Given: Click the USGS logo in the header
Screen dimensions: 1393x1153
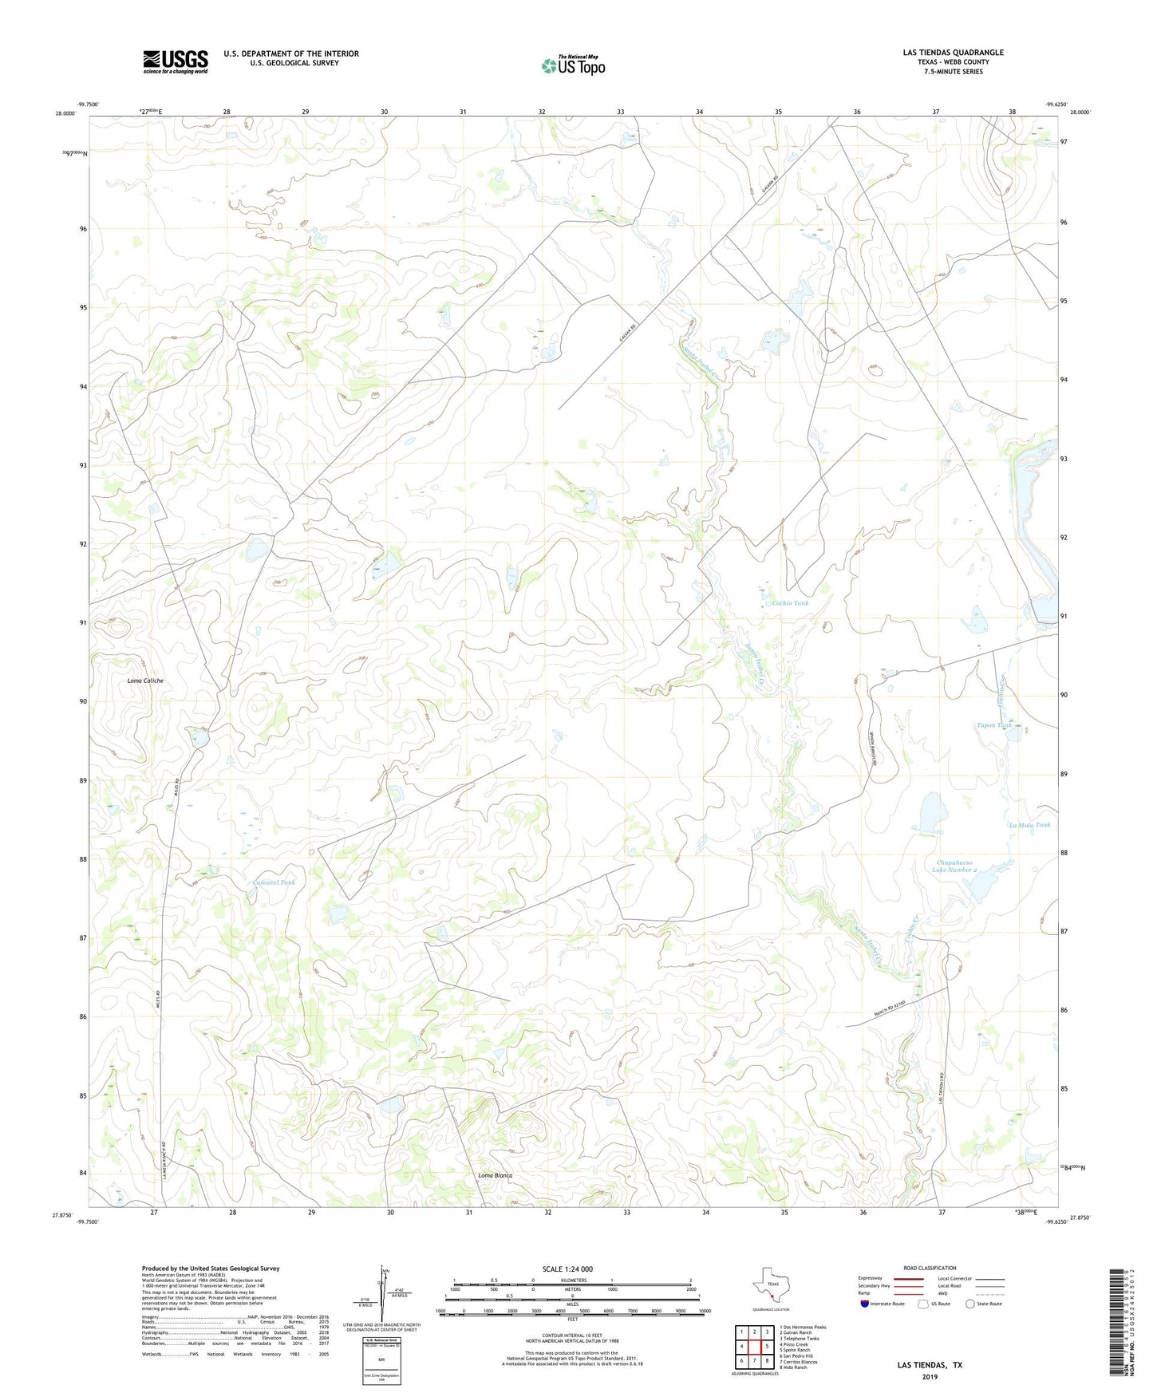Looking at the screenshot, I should tap(176, 61).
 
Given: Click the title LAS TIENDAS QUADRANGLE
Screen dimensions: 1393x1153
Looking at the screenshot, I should tap(953, 53).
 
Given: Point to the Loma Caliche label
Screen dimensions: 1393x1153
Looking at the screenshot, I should tap(145, 681).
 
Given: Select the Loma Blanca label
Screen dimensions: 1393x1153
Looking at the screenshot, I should tap(495, 1175).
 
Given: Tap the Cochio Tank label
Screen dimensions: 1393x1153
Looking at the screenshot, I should tap(790, 603).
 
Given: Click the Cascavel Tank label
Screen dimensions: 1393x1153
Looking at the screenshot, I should tap(274, 882).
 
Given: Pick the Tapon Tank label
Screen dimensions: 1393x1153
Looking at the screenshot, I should tap(994, 725).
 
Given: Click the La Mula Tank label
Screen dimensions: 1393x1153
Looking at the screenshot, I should tap(1029, 825).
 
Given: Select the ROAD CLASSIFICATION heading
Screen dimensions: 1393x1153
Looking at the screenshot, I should tap(930, 1268).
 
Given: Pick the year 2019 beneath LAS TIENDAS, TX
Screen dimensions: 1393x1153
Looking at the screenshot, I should tap(930, 1376).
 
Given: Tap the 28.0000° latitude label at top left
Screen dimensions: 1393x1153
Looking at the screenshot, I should tap(66, 113).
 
